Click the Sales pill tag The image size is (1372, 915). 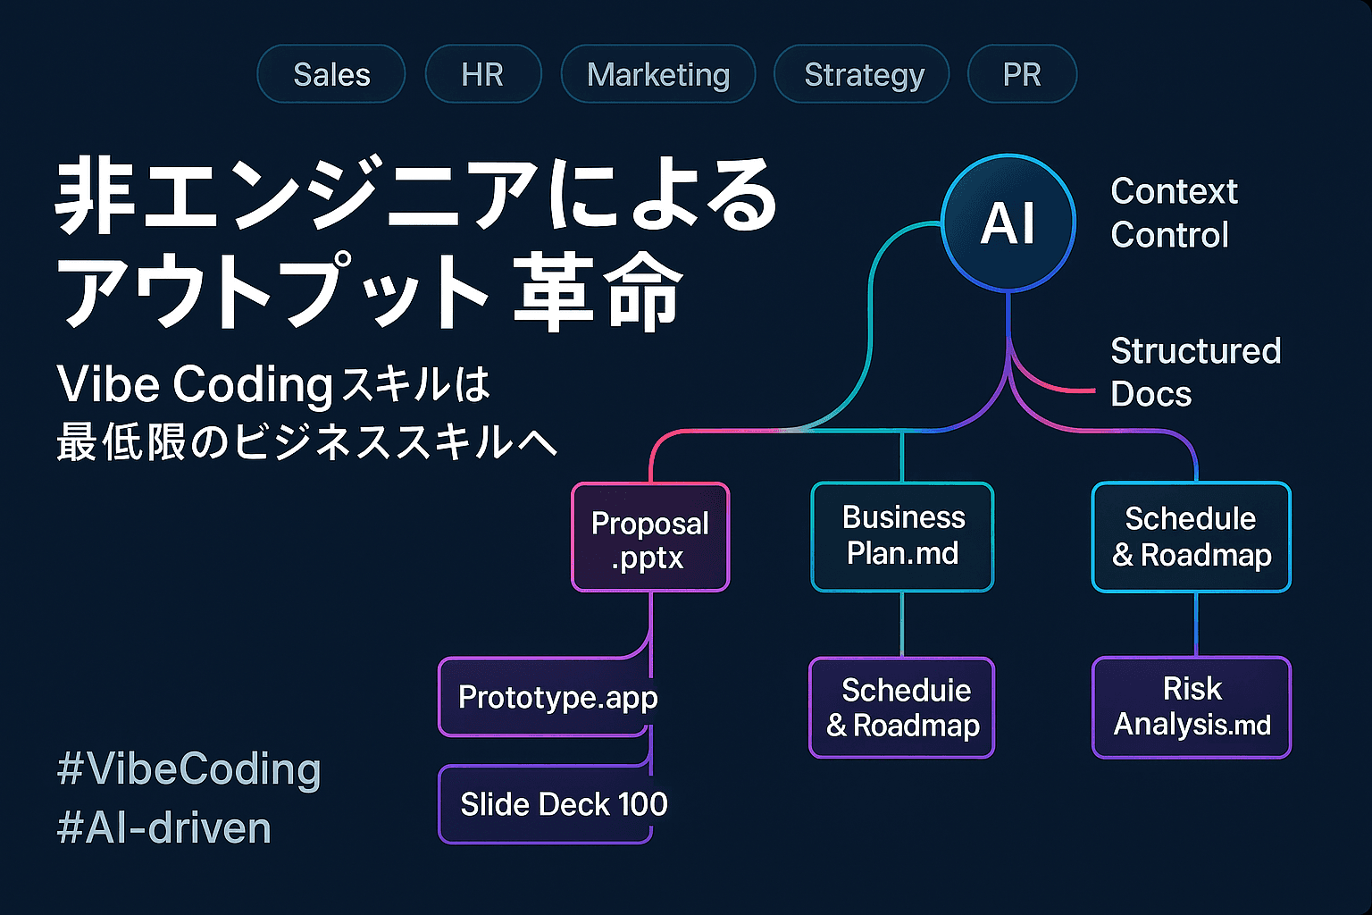coord(331,74)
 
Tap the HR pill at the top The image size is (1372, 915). coord(482,74)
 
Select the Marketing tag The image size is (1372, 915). coord(658,74)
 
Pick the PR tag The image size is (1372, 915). coord(1022,74)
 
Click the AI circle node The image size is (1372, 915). coord(1008,222)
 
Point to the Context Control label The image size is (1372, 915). coord(1173,213)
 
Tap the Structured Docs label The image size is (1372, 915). coord(1194,372)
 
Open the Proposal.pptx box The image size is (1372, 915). coord(650,538)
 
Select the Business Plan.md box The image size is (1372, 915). coord(902,536)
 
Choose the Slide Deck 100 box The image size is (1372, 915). coord(563,804)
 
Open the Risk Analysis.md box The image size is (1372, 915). coord(1192,707)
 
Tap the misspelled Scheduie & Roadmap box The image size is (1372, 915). coord(902,708)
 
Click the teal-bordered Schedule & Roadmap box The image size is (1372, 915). coord(1192,537)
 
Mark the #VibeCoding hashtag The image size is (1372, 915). coord(188,769)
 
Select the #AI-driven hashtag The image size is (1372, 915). coord(163,828)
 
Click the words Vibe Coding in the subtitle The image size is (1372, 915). coord(195,384)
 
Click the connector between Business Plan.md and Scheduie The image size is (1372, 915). coord(902,625)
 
